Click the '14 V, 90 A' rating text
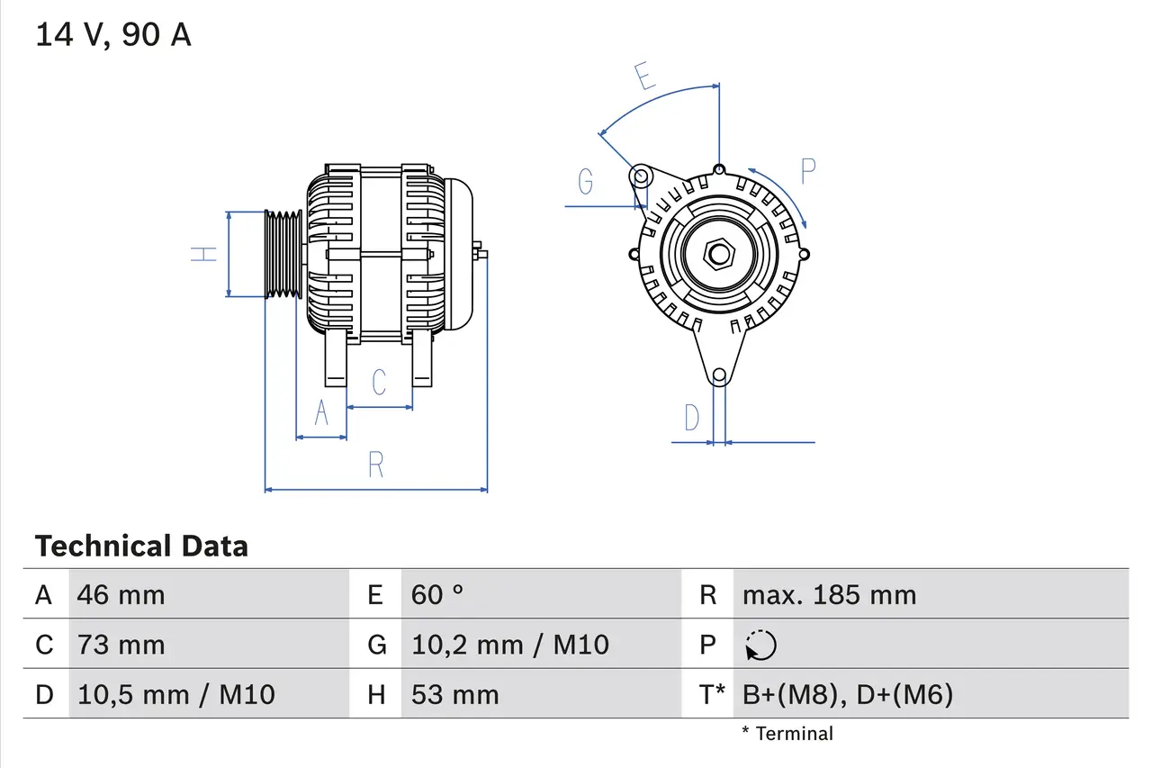point(112,34)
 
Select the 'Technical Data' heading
point(141,547)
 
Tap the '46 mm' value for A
point(121,595)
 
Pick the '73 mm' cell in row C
point(121,645)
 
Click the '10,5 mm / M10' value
point(175,694)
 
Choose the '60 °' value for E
point(437,595)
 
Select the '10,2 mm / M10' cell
point(509,645)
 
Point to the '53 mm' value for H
point(454,694)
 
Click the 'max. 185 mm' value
point(829,595)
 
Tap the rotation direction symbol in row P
point(760,646)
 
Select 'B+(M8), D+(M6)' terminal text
point(847,694)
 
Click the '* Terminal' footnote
point(787,734)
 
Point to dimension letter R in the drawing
point(376,465)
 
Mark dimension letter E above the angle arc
point(643,77)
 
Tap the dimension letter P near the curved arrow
point(807,171)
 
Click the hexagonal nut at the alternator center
point(718,254)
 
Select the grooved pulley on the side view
point(283,254)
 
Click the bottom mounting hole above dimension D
point(719,375)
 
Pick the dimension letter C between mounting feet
point(379,382)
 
